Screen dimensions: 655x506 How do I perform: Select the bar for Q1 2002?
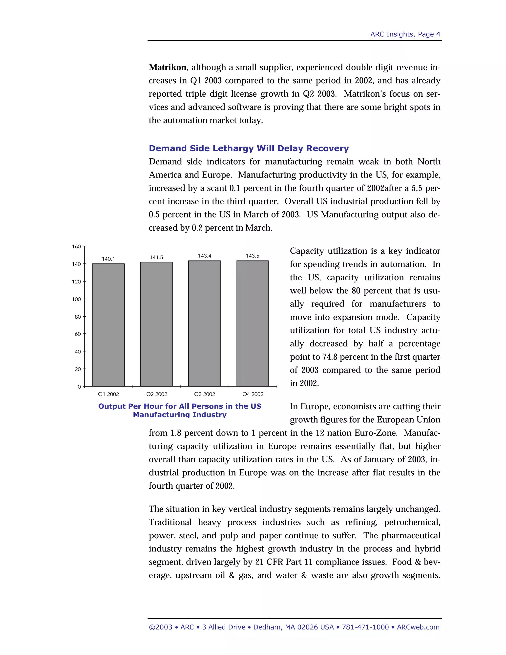[x=108, y=325]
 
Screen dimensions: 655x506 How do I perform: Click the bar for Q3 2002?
[x=204, y=323]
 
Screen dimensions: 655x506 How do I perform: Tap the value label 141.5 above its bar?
[x=156, y=257]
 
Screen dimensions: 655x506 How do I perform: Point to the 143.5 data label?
[x=253, y=256]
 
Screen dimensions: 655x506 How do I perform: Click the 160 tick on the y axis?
[x=76, y=246]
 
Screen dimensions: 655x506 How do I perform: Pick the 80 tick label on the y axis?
[x=78, y=317]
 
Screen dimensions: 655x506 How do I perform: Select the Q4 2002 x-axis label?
[x=253, y=394]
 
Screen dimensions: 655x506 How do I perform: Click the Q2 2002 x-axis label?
[x=156, y=394]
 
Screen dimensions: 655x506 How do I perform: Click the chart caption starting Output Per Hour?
[x=180, y=410]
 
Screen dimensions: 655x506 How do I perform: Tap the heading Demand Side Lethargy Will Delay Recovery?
[x=249, y=149]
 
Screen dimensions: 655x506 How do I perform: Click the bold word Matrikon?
[x=168, y=67]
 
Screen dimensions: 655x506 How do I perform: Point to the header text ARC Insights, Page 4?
[x=405, y=34]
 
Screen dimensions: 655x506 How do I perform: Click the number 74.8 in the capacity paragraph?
[x=330, y=357]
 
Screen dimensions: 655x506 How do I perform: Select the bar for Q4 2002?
[x=253, y=323]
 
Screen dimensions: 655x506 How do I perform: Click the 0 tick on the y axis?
[x=79, y=387]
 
